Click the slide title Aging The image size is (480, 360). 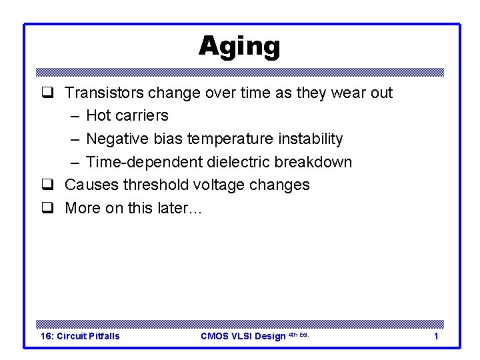(x=239, y=47)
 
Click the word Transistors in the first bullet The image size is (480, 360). (x=105, y=93)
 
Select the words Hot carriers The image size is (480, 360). (x=127, y=115)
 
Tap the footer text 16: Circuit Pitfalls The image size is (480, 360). (x=80, y=336)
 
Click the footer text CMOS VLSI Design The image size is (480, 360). (x=243, y=336)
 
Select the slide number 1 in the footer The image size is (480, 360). (x=436, y=336)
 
